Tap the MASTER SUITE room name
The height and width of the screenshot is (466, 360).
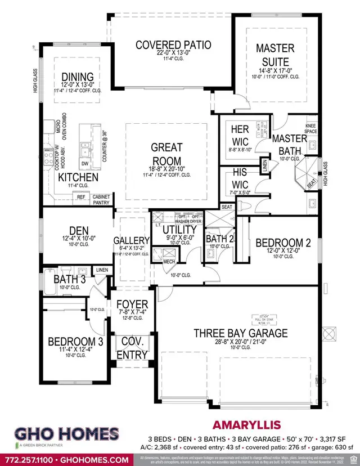[x=275, y=55]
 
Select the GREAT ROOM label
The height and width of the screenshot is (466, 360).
[x=166, y=154]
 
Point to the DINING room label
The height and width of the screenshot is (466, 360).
[x=78, y=77]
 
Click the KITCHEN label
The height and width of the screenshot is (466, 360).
[x=78, y=178]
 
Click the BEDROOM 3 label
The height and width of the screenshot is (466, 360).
[x=75, y=342]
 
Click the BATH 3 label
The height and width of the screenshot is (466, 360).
[x=70, y=279]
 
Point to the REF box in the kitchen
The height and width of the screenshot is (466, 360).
[x=81, y=197]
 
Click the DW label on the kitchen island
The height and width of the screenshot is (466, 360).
[x=85, y=164]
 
